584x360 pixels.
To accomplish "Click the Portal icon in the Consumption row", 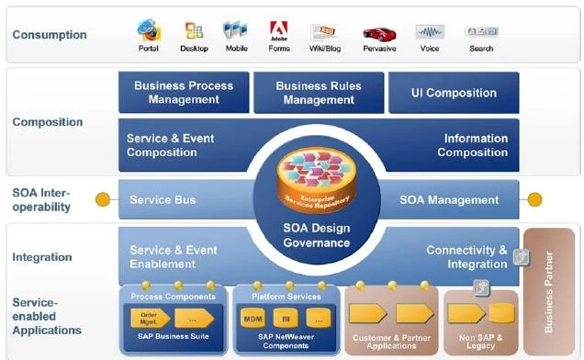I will click(148, 30).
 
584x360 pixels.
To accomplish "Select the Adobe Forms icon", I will click(279, 30).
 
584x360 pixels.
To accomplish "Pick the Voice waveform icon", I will click(429, 32).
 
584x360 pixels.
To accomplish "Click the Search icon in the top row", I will click(480, 32).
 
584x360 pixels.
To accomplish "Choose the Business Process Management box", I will click(184, 93).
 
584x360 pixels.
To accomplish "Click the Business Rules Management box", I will click(319, 93).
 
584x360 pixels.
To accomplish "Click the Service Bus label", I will click(163, 199).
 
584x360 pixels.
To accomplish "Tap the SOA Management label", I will click(449, 199).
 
